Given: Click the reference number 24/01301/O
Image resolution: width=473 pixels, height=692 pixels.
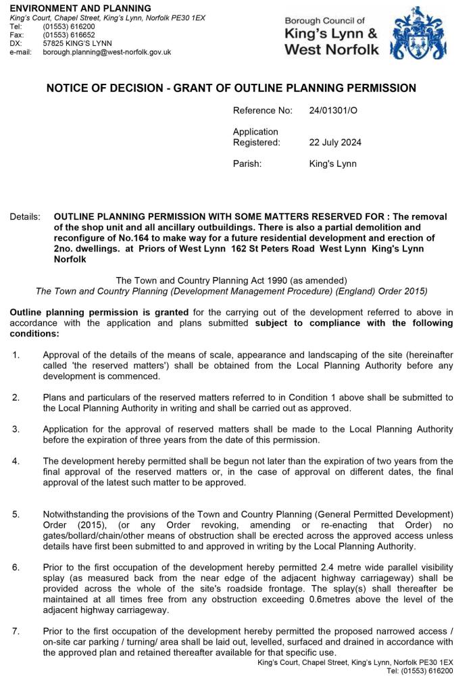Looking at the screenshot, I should (333, 109).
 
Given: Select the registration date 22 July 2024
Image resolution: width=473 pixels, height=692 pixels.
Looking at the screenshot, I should (334, 142).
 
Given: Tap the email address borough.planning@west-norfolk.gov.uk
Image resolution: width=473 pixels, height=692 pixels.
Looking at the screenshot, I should (107, 51).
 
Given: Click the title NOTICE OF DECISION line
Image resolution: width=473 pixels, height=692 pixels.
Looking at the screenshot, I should (231, 88).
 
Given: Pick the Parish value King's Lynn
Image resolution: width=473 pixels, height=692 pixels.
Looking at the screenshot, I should (332, 164).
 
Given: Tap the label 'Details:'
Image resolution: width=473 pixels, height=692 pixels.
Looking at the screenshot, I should (25, 217).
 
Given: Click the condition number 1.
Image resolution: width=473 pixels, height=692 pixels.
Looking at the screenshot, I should (16, 354).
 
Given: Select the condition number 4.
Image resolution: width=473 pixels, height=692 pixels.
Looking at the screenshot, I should (16, 461).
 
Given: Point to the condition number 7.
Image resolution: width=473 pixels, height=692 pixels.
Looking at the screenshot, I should (16, 631).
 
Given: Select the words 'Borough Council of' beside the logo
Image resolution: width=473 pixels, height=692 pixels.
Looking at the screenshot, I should (324, 21).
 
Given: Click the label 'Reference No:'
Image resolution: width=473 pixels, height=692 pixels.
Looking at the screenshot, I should (263, 109).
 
